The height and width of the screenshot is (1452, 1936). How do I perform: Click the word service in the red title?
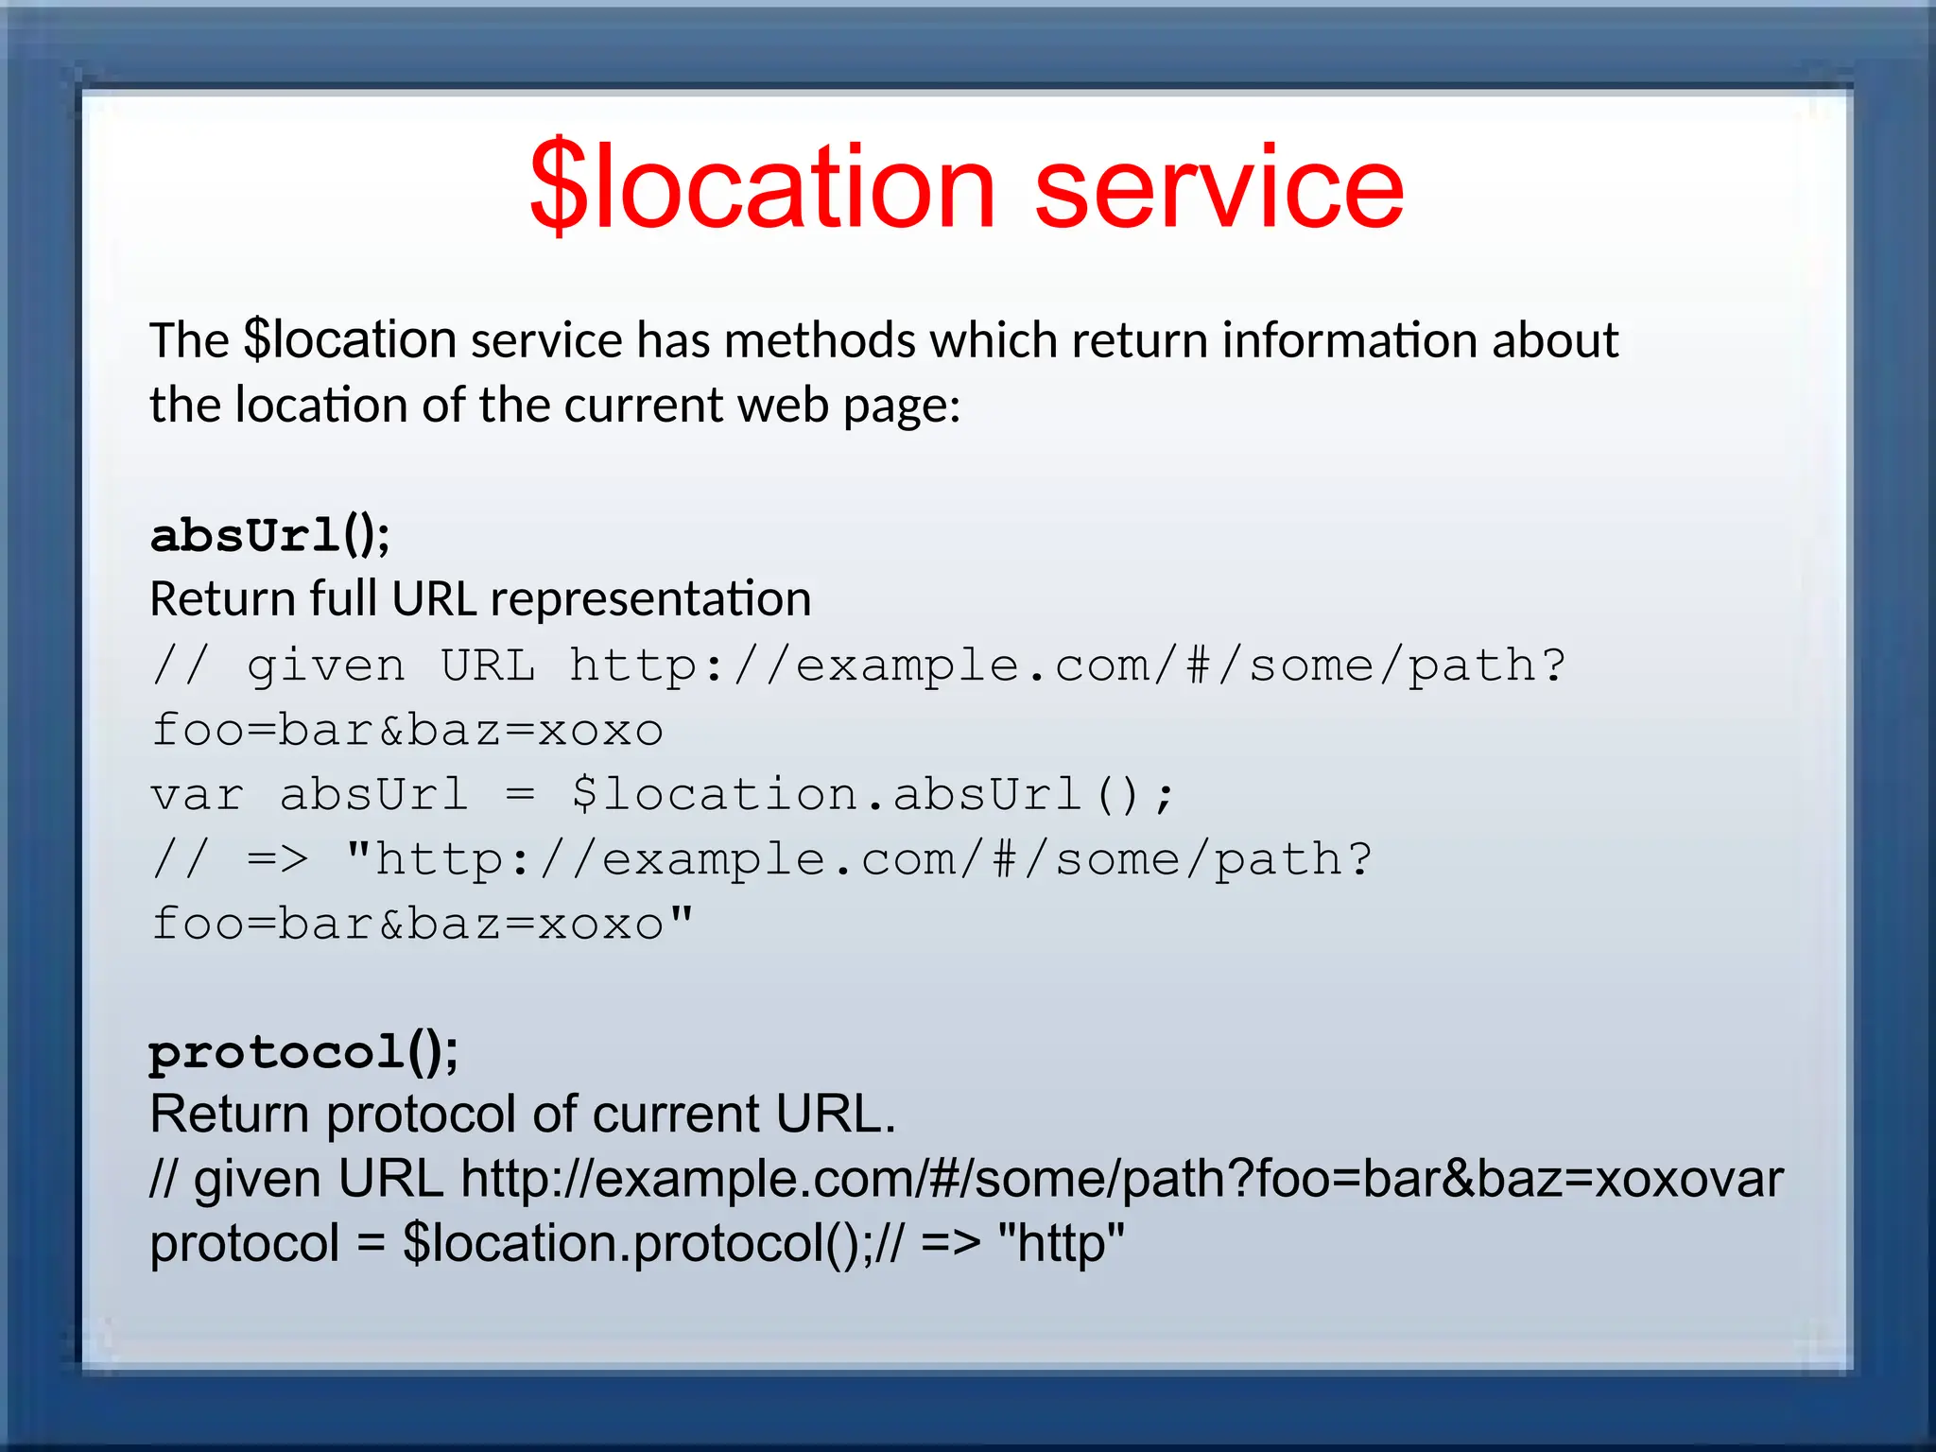click(x=1219, y=187)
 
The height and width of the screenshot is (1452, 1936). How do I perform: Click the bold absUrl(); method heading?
click(x=269, y=536)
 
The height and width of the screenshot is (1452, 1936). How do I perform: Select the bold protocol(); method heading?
click(x=303, y=1052)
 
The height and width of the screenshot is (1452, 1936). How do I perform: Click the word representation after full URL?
click(x=650, y=599)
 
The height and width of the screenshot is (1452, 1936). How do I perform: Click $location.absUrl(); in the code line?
click(x=872, y=795)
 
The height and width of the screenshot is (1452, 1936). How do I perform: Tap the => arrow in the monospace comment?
click(x=277, y=859)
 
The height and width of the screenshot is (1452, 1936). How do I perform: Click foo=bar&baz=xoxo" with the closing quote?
click(x=422, y=925)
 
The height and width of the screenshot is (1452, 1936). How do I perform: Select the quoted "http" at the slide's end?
click(x=1061, y=1243)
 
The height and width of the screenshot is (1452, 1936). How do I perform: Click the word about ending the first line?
click(x=1554, y=340)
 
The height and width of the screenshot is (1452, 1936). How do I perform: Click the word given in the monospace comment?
click(x=326, y=666)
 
